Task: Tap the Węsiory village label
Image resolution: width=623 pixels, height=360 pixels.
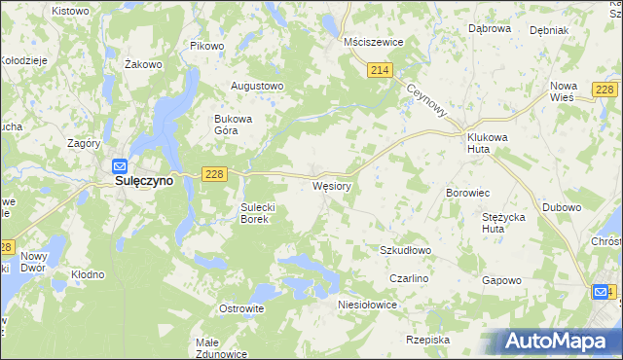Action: point(331,184)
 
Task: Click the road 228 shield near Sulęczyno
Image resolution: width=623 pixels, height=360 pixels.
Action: point(215,173)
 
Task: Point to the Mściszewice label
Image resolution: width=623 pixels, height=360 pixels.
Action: point(374,43)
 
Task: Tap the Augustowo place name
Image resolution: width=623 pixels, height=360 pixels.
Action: point(256,86)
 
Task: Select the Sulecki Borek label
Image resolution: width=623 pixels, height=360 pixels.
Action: point(261,213)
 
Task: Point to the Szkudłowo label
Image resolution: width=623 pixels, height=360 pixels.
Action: point(405,250)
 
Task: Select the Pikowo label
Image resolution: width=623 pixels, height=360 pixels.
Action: point(207,46)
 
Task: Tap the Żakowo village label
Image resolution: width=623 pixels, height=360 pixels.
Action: point(143,64)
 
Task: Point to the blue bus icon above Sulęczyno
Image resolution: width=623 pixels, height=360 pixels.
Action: point(119,165)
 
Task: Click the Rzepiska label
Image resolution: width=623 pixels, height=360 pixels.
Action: point(428,340)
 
